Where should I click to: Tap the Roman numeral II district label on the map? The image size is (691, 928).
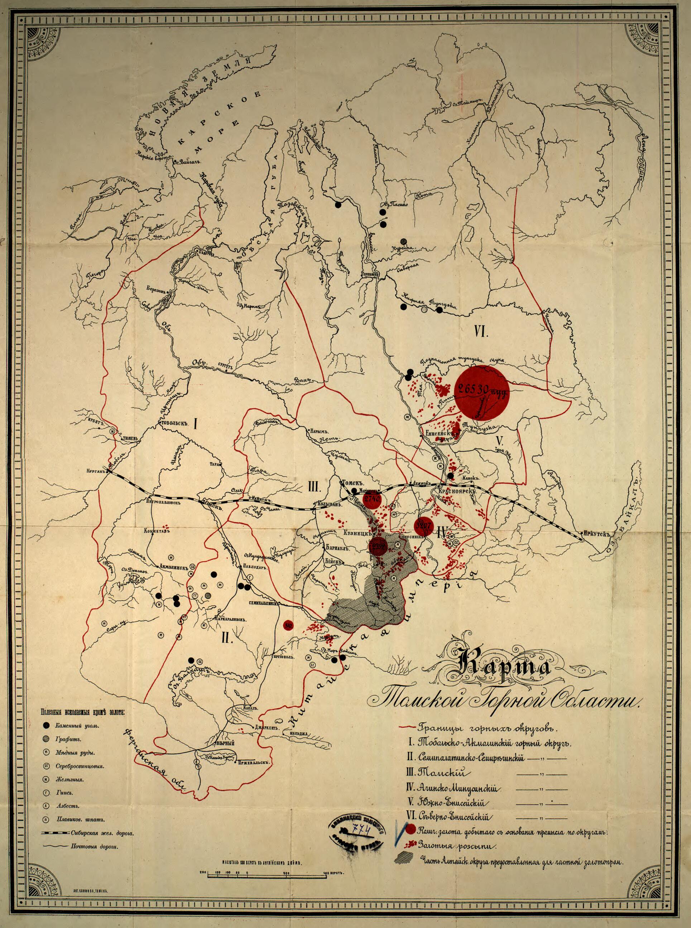226,638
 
